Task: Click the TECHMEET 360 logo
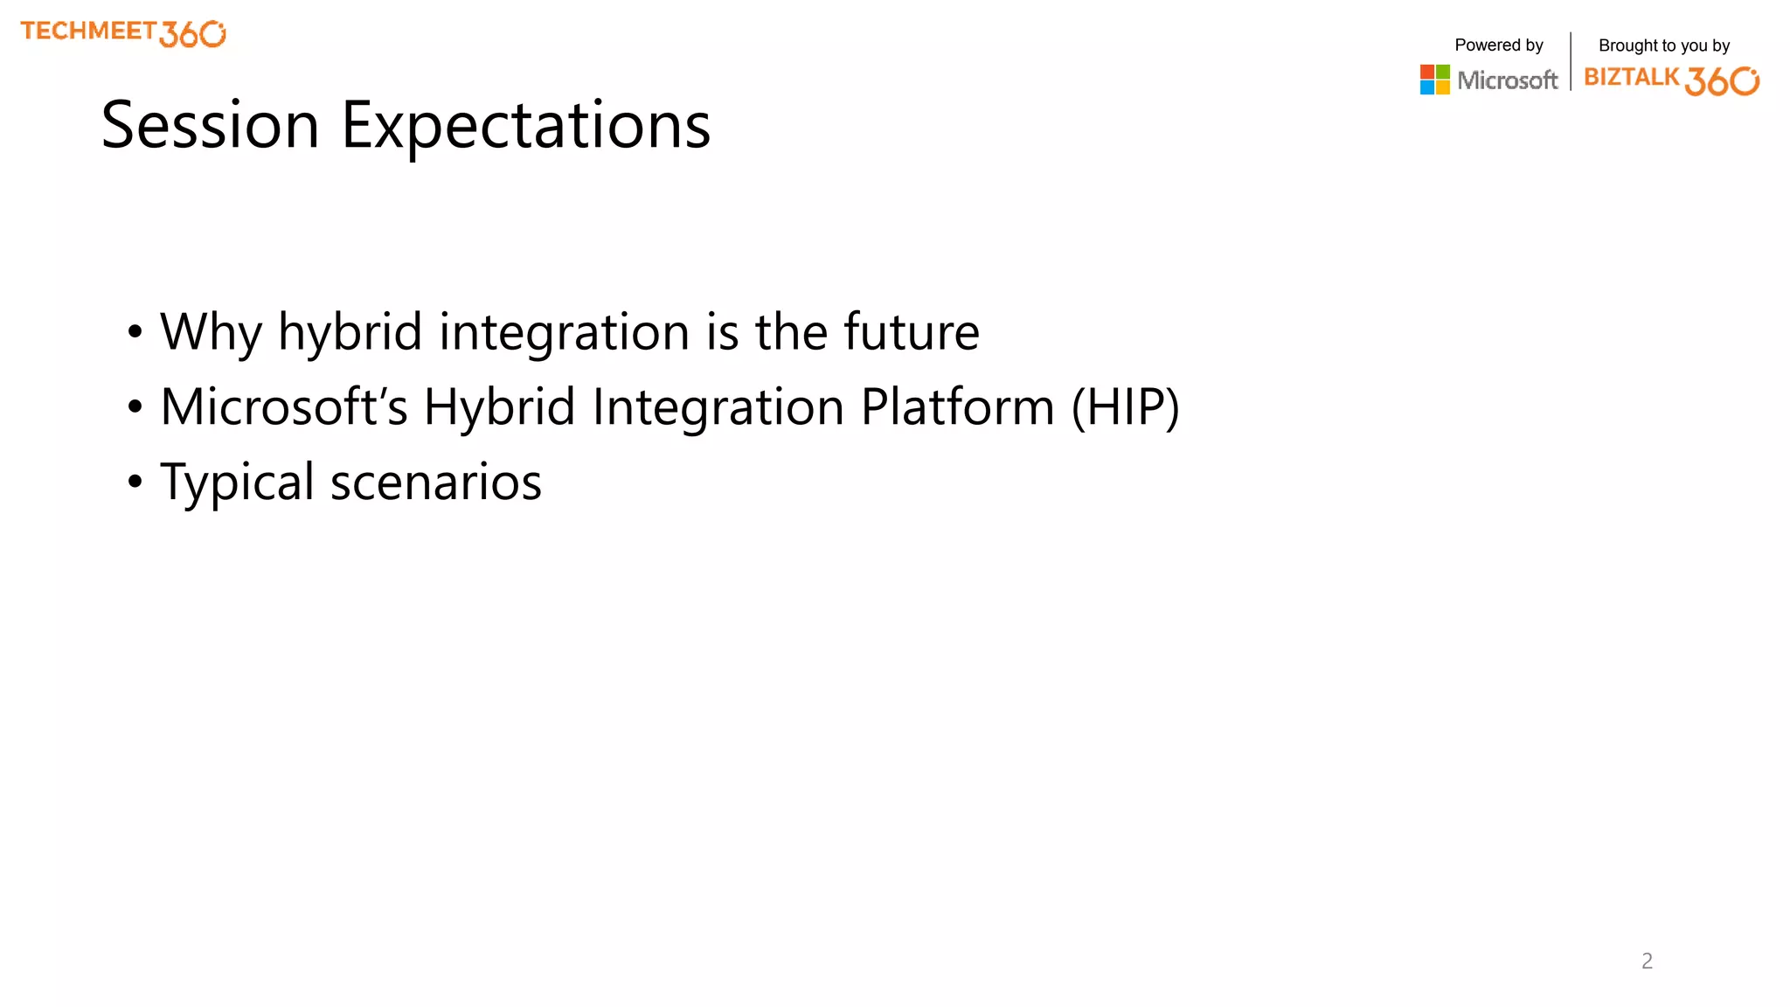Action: point(123,33)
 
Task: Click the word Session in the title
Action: point(210,125)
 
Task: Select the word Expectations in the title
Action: point(525,125)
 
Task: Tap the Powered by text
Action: point(1498,45)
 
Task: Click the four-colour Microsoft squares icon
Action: point(1434,80)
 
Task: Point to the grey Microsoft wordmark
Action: point(1507,80)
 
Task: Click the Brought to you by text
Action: point(1663,45)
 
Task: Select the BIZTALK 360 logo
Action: point(1671,80)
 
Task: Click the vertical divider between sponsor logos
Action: point(1571,61)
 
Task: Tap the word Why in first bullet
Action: point(211,333)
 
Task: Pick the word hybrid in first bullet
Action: point(350,333)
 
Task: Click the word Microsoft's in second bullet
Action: point(284,407)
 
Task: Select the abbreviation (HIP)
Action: point(1126,407)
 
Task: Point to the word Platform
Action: point(957,407)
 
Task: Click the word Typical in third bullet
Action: point(237,483)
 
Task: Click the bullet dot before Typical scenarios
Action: point(135,482)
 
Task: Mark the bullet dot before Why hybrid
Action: point(135,331)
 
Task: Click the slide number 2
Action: point(1647,961)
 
